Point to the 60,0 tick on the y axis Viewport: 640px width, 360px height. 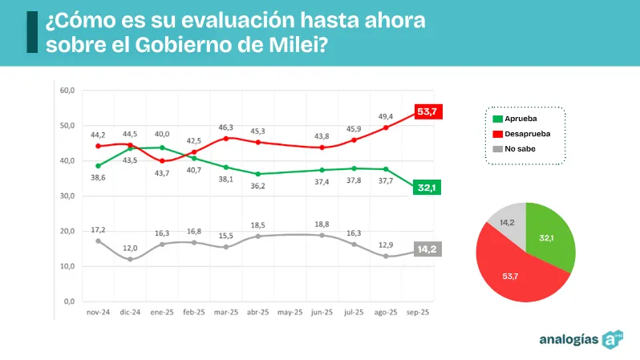67,91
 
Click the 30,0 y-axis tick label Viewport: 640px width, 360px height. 67,196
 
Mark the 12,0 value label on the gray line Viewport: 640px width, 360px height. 129,248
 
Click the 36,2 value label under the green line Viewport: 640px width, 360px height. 257,185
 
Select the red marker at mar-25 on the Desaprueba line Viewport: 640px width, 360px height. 226,138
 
